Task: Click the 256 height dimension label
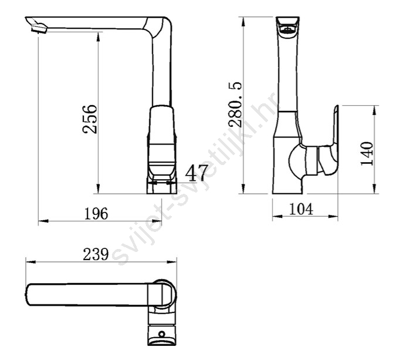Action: point(90,119)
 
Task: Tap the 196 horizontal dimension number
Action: point(96,214)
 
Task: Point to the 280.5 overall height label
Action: point(235,105)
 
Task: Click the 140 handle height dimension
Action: point(367,153)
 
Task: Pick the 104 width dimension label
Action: point(301,209)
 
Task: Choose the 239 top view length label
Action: point(96,254)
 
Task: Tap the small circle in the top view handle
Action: point(162,334)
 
